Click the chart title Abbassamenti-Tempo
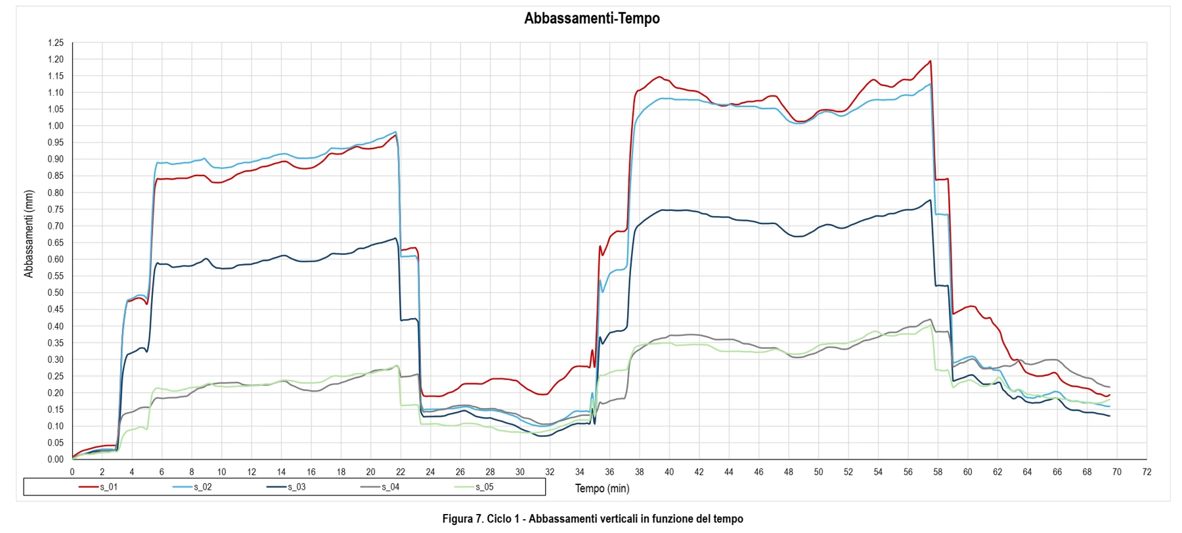pos(592,18)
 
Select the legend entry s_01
pos(99,487)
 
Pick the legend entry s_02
pos(193,487)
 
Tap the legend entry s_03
pos(287,487)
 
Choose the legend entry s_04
pos(381,487)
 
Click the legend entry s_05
pos(475,487)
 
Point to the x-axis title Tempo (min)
pos(602,488)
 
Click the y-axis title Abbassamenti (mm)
pos(29,234)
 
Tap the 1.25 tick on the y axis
pos(56,43)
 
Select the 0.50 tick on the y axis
pos(56,292)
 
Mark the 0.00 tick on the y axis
pos(56,459)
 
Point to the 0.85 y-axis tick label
pos(56,176)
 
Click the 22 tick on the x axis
pos(401,472)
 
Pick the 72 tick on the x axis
pos(1147,472)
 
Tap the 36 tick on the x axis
pos(609,472)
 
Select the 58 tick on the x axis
pos(938,472)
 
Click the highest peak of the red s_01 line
pos(930,61)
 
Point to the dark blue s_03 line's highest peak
pos(930,200)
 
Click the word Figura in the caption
pos(457,519)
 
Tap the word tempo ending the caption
pos(729,519)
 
